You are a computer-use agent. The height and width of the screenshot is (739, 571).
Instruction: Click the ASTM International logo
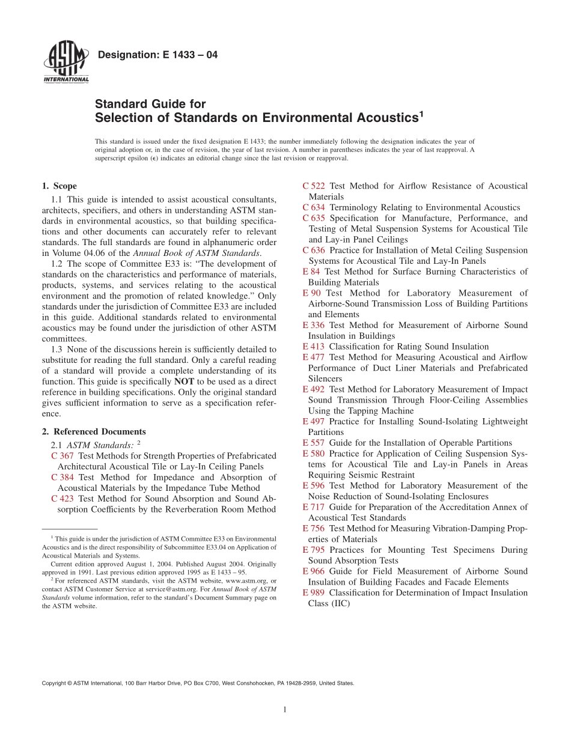[x=66, y=62]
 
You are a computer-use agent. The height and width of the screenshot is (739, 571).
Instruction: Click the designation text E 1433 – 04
[x=157, y=55]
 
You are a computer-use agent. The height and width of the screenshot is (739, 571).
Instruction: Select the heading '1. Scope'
[x=59, y=186]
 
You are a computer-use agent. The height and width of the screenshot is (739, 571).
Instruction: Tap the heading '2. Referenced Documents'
[x=94, y=431]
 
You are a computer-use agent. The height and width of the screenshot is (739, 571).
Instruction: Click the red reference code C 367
[x=63, y=456]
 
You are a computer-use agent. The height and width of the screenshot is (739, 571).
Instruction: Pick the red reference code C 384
[x=63, y=477]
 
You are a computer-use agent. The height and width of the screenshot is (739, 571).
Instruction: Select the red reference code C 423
[x=63, y=499]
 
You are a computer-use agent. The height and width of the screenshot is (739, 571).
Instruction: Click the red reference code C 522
[x=314, y=186]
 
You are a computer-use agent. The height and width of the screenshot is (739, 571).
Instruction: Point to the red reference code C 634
[x=314, y=207]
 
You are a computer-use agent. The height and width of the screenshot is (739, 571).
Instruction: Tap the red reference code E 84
[x=311, y=272]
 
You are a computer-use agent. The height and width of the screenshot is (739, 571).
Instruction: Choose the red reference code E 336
[x=313, y=325]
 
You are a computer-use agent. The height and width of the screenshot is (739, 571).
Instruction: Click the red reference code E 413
[x=313, y=347]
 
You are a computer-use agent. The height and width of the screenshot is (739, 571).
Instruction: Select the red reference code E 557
[x=313, y=443]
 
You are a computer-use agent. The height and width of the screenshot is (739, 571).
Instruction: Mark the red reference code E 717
[x=313, y=507]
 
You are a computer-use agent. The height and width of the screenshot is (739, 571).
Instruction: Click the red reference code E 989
[x=313, y=592]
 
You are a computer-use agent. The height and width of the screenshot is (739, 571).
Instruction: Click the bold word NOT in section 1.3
[x=184, y=382]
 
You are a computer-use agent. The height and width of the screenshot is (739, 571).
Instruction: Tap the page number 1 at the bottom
[x=285, y=710]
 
